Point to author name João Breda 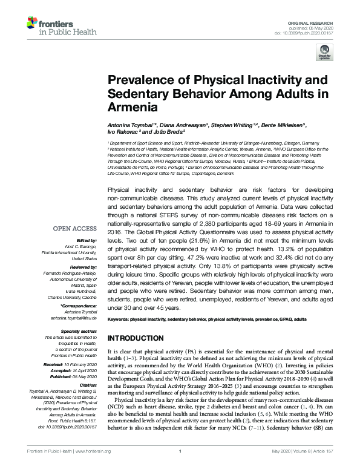175,131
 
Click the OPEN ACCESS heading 74,229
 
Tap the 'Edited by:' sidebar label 87,241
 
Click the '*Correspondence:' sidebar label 79,307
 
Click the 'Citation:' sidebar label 87,385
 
